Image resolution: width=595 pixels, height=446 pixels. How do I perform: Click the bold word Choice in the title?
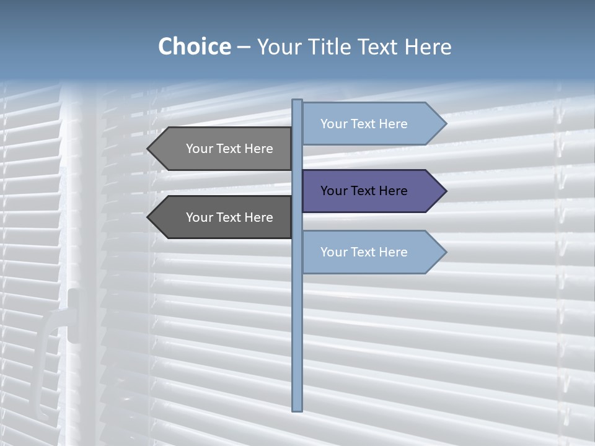tap(194, 46)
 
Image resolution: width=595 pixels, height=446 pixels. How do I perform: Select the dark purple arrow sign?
tap(366, 191)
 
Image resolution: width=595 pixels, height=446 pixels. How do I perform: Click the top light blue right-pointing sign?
tap(366, 124)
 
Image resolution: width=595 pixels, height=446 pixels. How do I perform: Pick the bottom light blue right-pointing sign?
tap(366, 252)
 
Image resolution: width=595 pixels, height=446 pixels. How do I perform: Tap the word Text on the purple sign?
tap(364, 191)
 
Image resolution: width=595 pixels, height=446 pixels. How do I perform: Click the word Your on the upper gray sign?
tap(200, 149)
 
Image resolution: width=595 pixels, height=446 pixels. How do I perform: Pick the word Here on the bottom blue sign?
tap(393, 252)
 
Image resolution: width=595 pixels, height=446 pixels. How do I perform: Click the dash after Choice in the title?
tap(244, 47)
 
